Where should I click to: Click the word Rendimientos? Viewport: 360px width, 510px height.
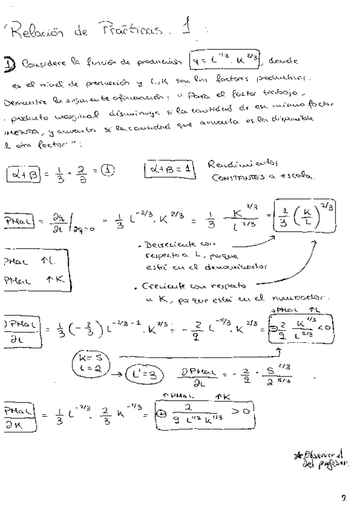240,164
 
